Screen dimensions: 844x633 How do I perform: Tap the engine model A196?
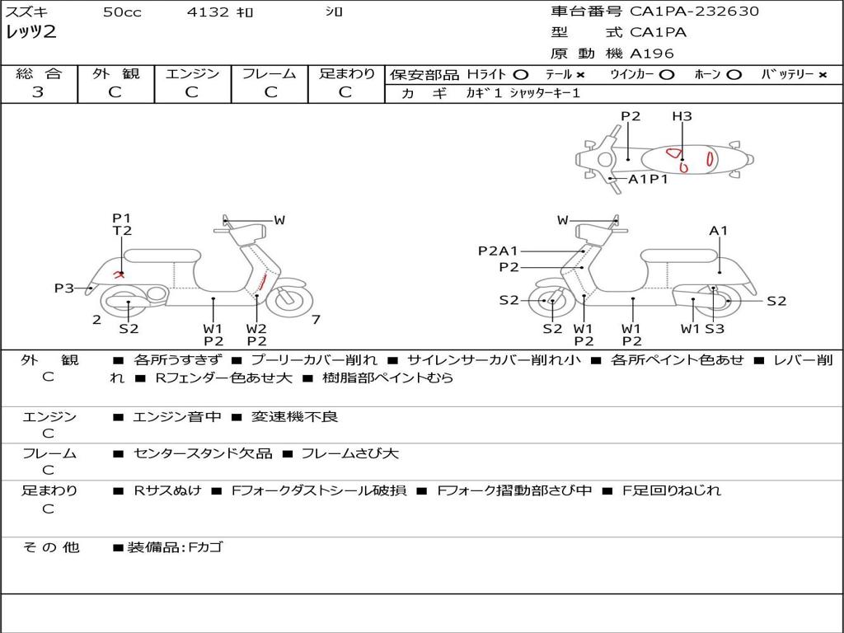tap(652, 54)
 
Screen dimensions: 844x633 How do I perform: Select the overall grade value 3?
tap(38, 92)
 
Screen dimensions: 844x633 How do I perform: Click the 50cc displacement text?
tap(122, 12)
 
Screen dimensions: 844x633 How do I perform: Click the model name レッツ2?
tap(30, 33)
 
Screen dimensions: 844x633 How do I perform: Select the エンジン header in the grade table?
tap(192, 73)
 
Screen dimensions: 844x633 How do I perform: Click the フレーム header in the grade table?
tap(269, 73)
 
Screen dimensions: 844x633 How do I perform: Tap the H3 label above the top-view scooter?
tap(682, 116)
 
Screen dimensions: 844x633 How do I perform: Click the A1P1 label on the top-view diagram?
tap(648, 179)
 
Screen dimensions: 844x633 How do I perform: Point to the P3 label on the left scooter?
tap(64, 288)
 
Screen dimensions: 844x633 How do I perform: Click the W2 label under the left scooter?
tap(257, 328)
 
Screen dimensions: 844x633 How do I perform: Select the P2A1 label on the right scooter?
tap(498, 251)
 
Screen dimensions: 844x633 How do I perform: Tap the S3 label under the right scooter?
tap(714, 328)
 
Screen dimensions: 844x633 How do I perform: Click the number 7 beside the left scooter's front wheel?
tap(316, 319)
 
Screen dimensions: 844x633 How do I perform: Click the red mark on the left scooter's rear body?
tap(120, 274)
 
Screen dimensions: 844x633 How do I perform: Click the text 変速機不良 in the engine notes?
tap(295, 417)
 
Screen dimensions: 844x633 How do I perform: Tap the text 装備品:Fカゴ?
tap(175, 546)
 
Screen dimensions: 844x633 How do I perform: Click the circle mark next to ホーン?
tap(734, 74)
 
